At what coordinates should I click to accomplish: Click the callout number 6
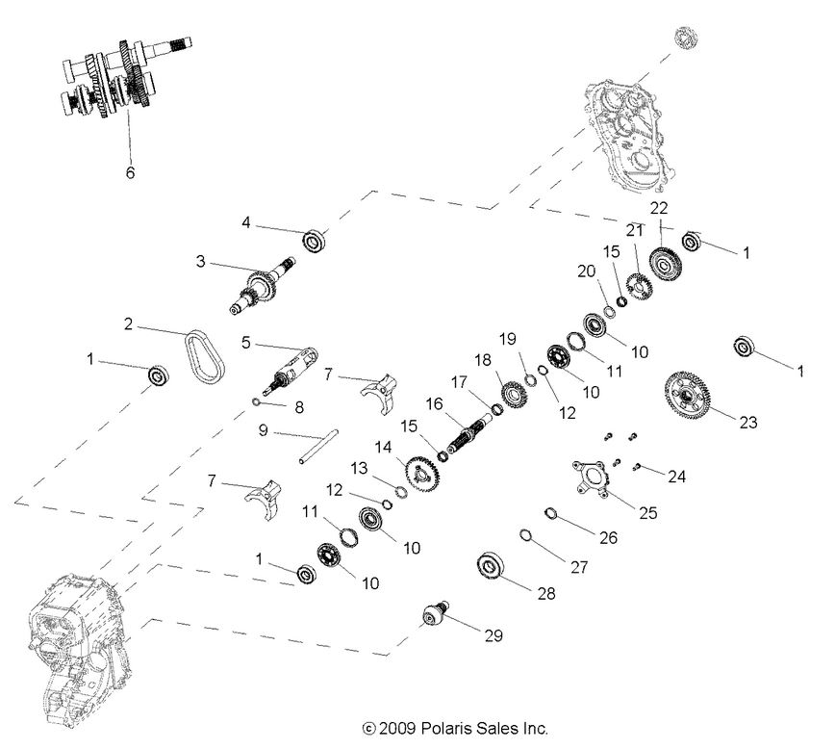[x=130, y=172]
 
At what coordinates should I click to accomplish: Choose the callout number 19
[x=508, y=338]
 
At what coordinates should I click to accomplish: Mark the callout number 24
[x=678, y=476]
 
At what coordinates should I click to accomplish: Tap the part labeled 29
[x=435, y=611]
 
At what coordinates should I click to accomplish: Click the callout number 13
[x=359, y=467]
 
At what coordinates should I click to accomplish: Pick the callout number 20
[x=586, y=271]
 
